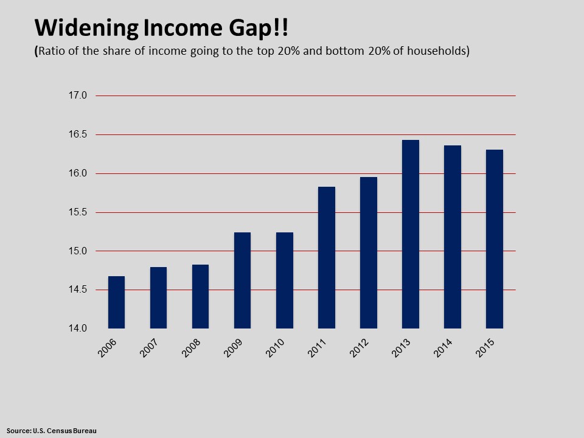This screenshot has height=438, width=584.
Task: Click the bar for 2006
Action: coord(116,302)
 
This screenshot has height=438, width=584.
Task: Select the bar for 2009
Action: coord(242,280)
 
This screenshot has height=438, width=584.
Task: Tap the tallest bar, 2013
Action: coord(410,234)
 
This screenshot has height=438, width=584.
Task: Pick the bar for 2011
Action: coord(326,257)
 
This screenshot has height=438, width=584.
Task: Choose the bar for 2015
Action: coord(494,239)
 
